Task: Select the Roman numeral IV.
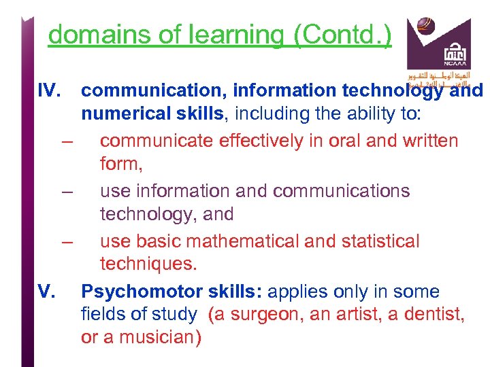(49, 90)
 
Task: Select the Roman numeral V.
(46, 292)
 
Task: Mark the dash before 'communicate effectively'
(67, 141)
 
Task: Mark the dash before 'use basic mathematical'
(67, 242)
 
